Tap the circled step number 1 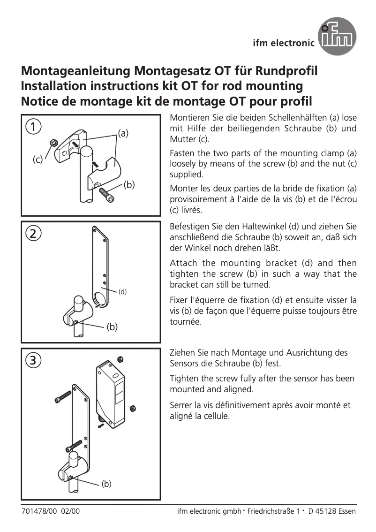pos(33,127)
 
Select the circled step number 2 pos(33,234)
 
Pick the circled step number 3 pos(33,361)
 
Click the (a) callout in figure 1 pos(123,133)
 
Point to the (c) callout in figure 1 pos(38,160)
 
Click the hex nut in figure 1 pos(53,142)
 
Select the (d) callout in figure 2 pos(122,291)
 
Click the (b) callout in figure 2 pos(112,327)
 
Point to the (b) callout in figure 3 pos(106,484)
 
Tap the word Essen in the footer pos(346,511)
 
